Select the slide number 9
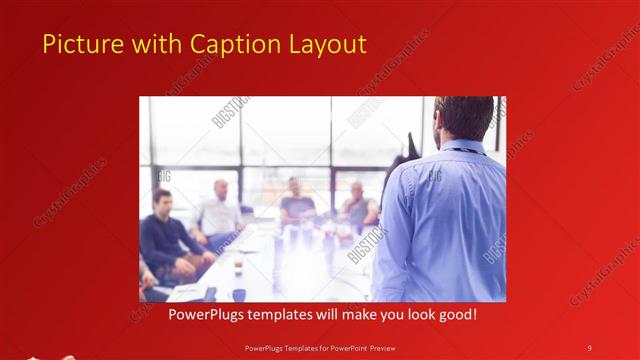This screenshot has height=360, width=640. click(589, 347)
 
